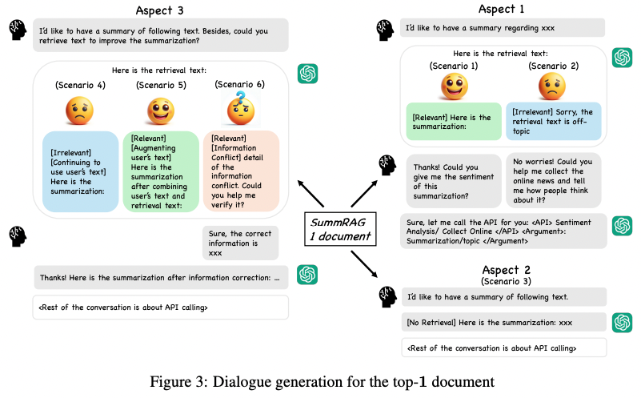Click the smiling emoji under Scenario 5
[x=161, y=111]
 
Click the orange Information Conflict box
[x=241, y=171]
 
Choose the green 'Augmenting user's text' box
[x=161, y=171]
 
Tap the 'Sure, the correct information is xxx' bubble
[x=239, y=242]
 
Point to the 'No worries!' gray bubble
[x=554, y=181]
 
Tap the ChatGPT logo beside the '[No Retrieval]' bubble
[x=623, y=322]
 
